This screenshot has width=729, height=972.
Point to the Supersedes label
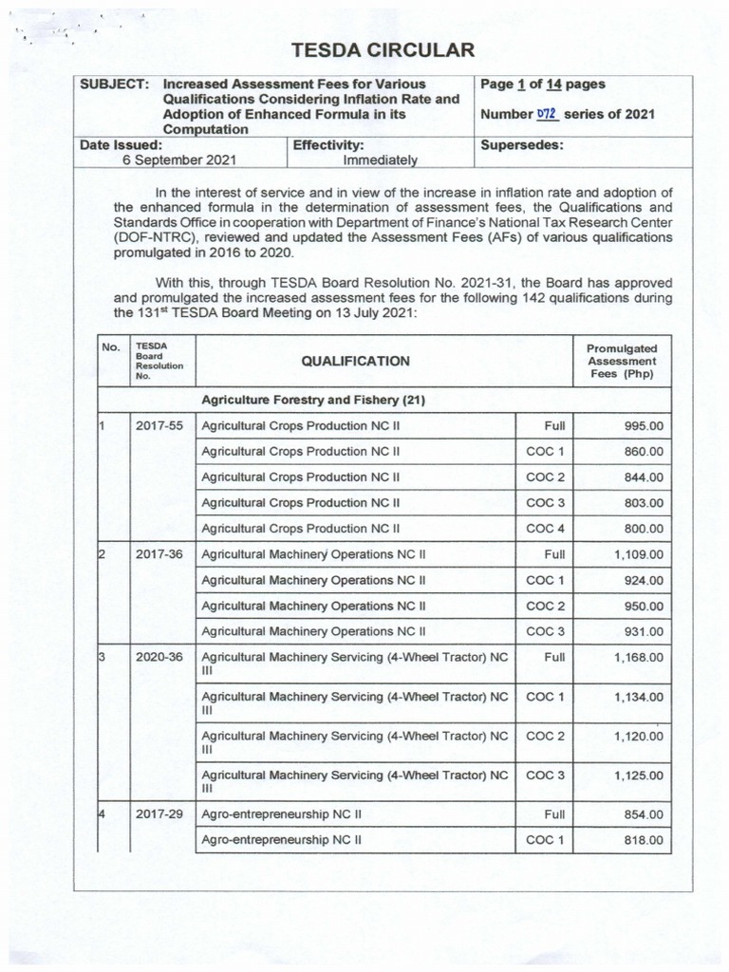[x=522, y=145]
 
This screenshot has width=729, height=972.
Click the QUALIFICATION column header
[x=355, y=361]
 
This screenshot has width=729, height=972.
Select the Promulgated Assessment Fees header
[x=622, y=361]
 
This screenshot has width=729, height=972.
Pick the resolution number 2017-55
[x=159, y=426]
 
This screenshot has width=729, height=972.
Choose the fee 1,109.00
[x=638, y=554]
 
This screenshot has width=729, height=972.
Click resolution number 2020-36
[x=159, y=657]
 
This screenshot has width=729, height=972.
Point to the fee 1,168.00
[x=638, y=657]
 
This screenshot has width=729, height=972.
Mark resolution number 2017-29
[x=159, y=814]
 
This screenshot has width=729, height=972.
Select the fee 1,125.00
[x=638, y=776]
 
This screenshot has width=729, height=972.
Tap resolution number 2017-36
[x=159, y=554]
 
